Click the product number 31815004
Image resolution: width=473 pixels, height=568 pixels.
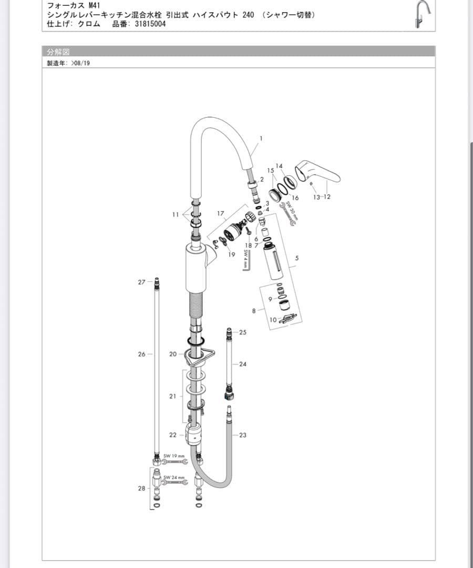pyautogui.click(x=150, y=24)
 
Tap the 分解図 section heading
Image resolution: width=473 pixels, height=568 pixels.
pyautogui.click(x=58, y=52)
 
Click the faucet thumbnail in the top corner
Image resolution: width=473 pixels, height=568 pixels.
pyautogui.click(x=423, y=15)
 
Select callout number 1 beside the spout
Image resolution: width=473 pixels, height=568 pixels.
pyautogui.click(x=261, y=138)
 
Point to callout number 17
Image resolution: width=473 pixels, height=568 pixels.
pyautogui.click(x=220, y=214)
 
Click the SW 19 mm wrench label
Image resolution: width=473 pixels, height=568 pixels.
pyautogui.click(x=174, y=455)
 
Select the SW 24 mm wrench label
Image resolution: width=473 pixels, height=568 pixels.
pyautogui.click(x=174, y=478)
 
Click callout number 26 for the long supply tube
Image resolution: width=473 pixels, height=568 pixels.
pyautogui.click(x=141, y=354)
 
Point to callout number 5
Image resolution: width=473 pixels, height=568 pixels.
pyautogui.click(x=297, y=258)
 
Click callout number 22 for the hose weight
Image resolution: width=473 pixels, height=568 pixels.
pyautogui.click(x=173, y=435)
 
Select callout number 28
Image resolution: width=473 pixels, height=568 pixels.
pyautogui.click(x=141, y=488)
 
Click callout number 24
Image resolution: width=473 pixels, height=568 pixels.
pyautogui.click(x=242, y=364)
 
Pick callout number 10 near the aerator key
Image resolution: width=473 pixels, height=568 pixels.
pyautogui.click(x=273, y=320)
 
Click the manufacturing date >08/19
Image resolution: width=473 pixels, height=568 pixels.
pyautogui.click(x=80, y=63)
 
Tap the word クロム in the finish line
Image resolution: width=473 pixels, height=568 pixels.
pyautogui.click(x=89, y=24)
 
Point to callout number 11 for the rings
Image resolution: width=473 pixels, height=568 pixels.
pyautogui.click(x=176, y=215)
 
